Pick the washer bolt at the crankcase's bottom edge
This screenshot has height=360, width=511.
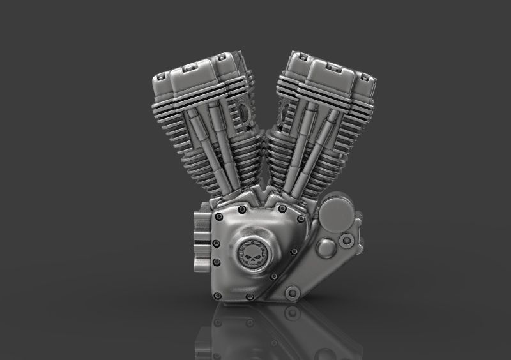(293, 293)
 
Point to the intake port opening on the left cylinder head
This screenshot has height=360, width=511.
(243, 116)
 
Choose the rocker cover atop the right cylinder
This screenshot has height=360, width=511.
(326, 73)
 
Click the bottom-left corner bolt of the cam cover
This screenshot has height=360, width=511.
(220, 294)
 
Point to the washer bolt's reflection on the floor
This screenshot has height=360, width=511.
(293, 313)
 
